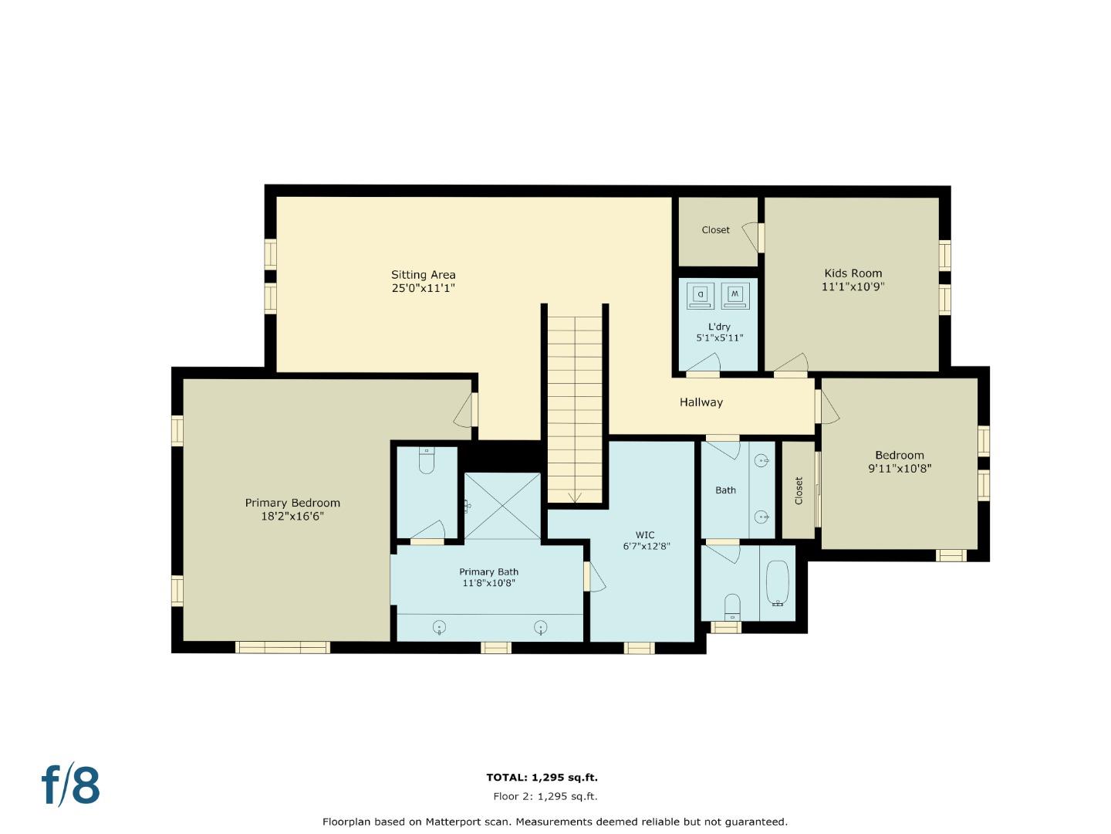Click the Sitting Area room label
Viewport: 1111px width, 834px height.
coord(423,275)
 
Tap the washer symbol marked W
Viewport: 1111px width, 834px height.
coord(734,295)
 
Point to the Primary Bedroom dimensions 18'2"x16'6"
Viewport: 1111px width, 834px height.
coord(292,516)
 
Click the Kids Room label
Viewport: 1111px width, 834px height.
coord(853,273)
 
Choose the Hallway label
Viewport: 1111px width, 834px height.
coord(701,402)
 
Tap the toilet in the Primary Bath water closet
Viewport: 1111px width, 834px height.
coord(427,462)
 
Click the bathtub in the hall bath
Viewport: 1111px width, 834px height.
coord(778,582)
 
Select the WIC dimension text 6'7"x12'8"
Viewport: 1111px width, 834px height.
coord(646,546)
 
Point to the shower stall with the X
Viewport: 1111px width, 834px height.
coord(502,507)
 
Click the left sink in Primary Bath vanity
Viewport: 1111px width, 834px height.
coord(439,627)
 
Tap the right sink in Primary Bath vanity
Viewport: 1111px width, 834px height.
coord(541,627)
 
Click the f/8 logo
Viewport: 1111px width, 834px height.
coord(70,785)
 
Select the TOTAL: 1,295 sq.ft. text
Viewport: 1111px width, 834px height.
coord(542,778)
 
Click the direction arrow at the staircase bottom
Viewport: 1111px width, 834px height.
coord(574,497)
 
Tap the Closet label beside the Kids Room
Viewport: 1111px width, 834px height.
coord(715,230)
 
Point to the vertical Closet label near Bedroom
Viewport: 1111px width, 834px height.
coord(799,490)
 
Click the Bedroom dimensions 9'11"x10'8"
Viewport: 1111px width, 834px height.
coord(900,468)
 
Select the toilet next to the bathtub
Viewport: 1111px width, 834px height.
coord(732,605)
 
